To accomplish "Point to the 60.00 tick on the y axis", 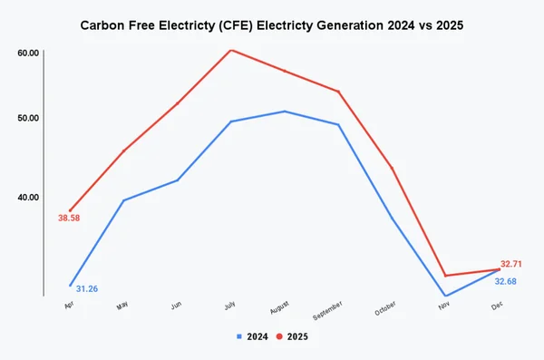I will point(28,54).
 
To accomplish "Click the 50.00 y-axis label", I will point(28,118).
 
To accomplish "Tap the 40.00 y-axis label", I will point(28,197).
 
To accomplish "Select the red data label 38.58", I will point(70,219).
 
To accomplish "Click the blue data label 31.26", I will point(87,288).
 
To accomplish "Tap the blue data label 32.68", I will point(506,281).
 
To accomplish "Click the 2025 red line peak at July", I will point(231,50).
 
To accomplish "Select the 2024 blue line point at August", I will point(285,112).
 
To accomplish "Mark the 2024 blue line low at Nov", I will point(445,296).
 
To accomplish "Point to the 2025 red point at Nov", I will point(445,276).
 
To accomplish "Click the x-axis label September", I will point(327,311).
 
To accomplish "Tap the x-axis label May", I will point(122,306).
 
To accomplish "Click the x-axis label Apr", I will point(69,306).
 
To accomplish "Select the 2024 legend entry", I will point(251,336).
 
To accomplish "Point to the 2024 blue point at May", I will point(123,200).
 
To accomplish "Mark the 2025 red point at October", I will point(392,169).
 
